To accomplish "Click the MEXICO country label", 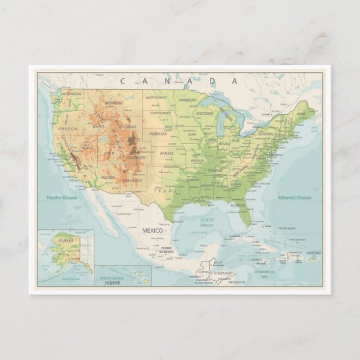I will click(152, 231).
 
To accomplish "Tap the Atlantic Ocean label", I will click(293, 198).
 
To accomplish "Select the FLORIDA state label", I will click(238, 204).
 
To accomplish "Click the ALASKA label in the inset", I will click(66, 240).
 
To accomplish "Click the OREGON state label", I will click(68, 128).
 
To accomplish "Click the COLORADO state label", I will click(135, 158).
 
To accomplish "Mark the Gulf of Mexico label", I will click(207, 222).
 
